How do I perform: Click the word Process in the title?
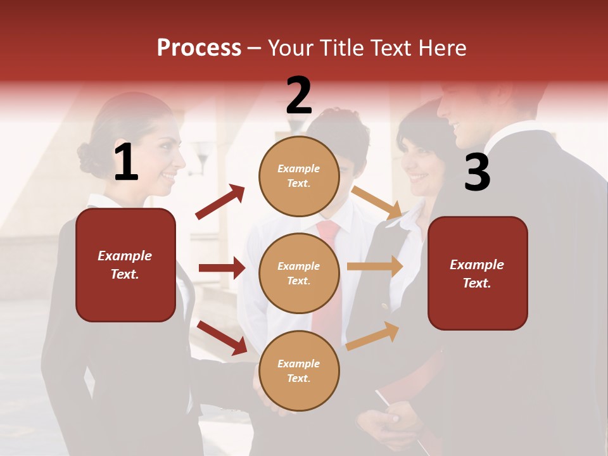[x=199, y=48]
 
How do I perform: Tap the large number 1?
[x=126, y=162]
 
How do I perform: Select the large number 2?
[x=299, y=96]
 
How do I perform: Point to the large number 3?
[x=478, y=172]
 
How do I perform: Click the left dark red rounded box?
[x=125, y=265]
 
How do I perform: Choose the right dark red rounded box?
[x=478, y=274]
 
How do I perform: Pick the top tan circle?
[x=299, y=176]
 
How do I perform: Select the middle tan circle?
[x=299, y=273]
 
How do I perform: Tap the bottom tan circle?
[x=299, y=370]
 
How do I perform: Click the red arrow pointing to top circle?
[x=220, y=202]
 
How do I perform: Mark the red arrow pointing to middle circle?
[x=222, y=268]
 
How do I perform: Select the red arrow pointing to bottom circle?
[x=222, y=338]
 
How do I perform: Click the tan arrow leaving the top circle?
[x=377, y=202]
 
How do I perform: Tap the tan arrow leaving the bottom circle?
[x=372, y=336]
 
